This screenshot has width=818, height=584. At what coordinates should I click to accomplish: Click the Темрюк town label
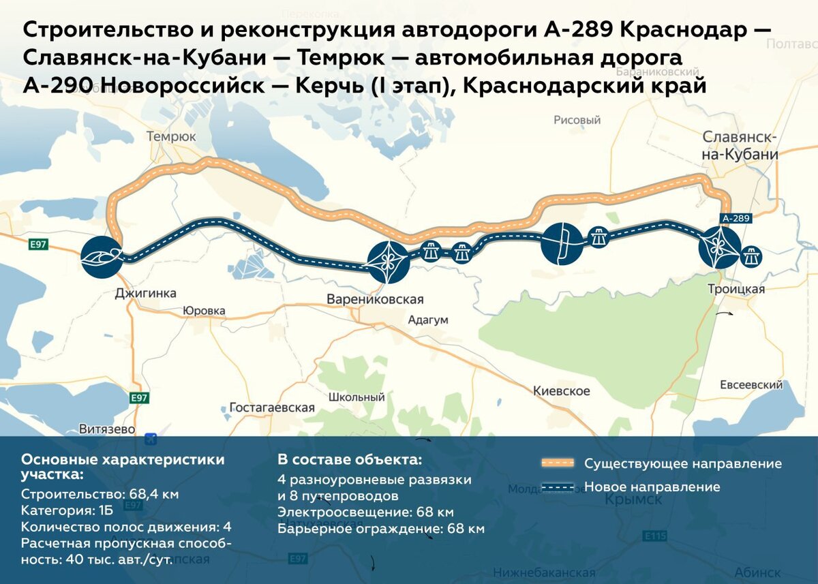(x=171, y=136)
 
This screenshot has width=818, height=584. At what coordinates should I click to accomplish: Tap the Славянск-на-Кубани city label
(x=740, y=146)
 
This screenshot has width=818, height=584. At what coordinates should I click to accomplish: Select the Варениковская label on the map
(x=375, y=299)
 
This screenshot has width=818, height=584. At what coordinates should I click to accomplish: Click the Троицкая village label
(x=736, y=289)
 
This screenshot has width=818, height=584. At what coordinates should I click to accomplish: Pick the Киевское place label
(x=562, y=391)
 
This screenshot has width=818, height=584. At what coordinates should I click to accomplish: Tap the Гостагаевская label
(x=272, y=408)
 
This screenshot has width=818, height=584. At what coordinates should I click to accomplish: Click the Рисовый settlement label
(x=577, y=120)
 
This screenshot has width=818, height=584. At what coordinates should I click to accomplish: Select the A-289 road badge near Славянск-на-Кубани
(x=736, y=219)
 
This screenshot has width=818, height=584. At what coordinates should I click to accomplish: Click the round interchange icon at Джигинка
(x=102, y=257)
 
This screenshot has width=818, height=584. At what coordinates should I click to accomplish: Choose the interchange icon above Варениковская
(x=388, y=261)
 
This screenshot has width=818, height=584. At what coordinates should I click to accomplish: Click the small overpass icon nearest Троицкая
(x=751, y=256)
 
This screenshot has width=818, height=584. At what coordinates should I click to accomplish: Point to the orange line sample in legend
(x=558, y=463)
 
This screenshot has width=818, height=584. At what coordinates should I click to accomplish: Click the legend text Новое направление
(x=652, y=487)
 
